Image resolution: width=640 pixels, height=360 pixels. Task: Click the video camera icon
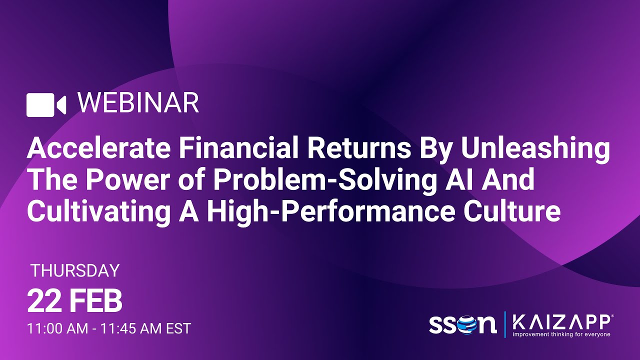coord(46,104)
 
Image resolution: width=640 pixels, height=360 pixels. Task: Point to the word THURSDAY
coord(75,270)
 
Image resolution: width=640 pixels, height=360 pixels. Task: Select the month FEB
coord(95,301)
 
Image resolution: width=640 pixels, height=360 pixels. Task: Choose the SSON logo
coord(462,323)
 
